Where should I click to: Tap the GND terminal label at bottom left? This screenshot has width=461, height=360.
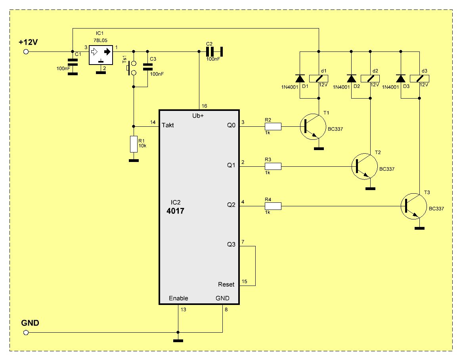[30, 323]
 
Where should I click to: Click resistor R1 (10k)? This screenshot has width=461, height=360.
[134, 144]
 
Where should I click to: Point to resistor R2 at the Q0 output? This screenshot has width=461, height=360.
[273, 127]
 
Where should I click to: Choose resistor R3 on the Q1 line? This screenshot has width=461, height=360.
[273, 166]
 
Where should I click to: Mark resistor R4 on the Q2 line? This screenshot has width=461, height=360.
[273, 206]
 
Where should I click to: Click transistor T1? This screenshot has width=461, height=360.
[313, 127]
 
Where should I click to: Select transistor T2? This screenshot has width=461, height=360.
[365, 166]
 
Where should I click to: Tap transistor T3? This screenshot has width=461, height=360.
[414, 206]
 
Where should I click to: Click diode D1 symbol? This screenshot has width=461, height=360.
[300, 79]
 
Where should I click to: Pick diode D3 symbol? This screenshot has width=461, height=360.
[401, 79]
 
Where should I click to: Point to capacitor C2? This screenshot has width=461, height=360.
[214, 51]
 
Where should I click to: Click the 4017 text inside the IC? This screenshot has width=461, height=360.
[176, 211]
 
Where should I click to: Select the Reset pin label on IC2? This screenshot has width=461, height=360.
[226, 284]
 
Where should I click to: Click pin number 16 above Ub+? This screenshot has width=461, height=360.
[204, 106]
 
